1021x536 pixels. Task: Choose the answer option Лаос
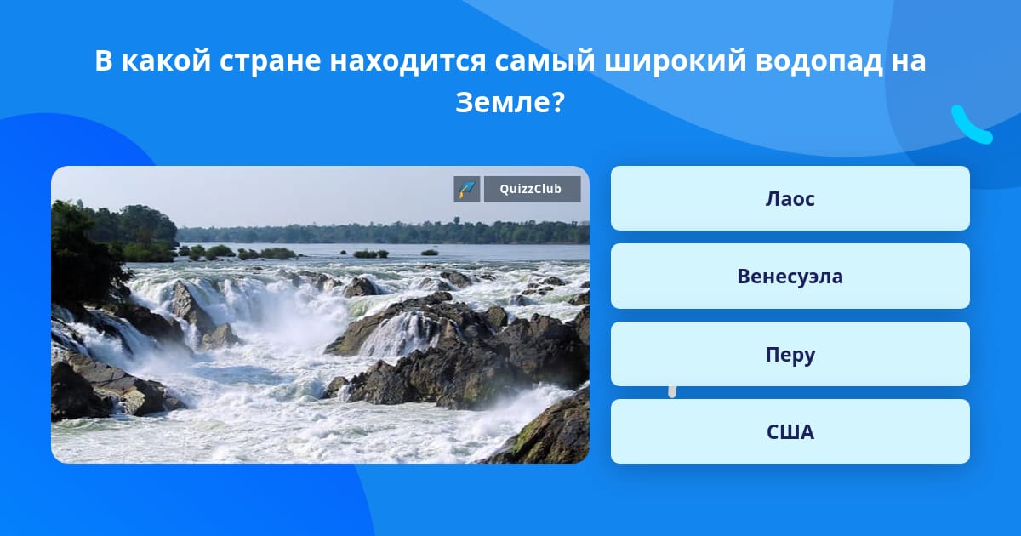(790, 198)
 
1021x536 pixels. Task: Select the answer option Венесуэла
(790, 277)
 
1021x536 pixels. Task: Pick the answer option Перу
(790, 354)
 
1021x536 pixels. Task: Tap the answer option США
(790, 431)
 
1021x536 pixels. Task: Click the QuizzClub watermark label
(532, 189)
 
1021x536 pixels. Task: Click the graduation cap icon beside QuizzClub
(467, 189)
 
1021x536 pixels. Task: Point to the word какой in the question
(167, 61)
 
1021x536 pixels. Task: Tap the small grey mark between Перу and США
(672, 392)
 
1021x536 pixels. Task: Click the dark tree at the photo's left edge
(87, 255)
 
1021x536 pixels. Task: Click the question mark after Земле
(559, 103)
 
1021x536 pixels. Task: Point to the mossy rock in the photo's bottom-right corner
(547, 433)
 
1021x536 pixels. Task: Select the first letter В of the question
(104, 61)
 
